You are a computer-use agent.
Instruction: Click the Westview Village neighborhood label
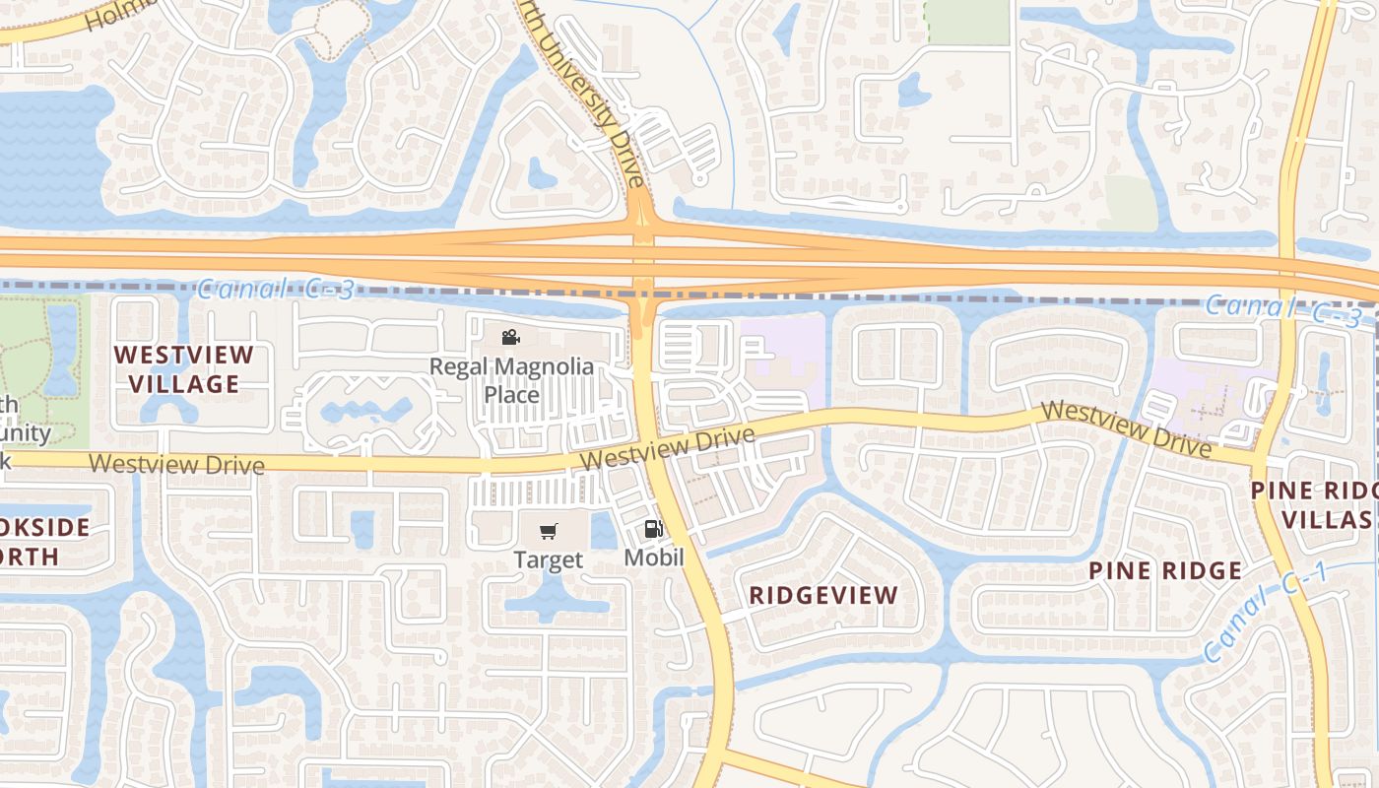[184, 369]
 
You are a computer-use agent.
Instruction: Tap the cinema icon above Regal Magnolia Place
[510, 338]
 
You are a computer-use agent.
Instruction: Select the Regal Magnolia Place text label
[511, 381]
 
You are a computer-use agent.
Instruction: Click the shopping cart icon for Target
[549, 532]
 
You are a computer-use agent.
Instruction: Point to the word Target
[549, 560]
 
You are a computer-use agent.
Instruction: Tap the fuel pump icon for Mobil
[653, 530]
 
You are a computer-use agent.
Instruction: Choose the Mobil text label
[654, 558]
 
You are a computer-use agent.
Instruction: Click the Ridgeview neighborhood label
[823, 595]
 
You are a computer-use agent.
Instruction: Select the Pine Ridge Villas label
[1315, 505]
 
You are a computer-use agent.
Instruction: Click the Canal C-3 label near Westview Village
[275, 290]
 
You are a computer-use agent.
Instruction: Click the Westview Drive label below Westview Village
[176, 464]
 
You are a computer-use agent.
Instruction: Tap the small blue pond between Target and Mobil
[604, 531]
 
